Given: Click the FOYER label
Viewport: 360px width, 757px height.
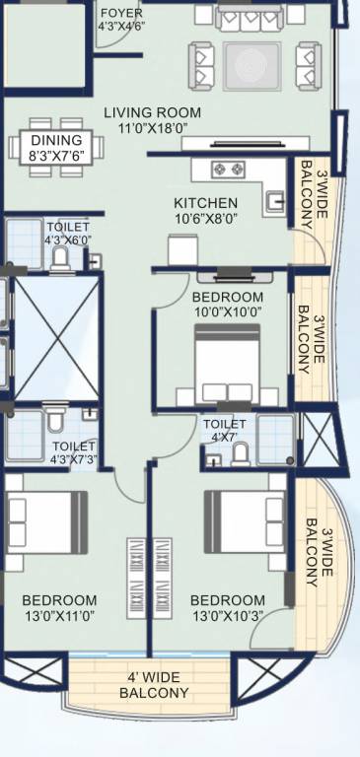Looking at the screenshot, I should coord(121,14).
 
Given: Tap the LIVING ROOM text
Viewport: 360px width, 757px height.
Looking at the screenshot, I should coord(152,112).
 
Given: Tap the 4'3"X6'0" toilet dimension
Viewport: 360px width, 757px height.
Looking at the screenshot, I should coord(68,240).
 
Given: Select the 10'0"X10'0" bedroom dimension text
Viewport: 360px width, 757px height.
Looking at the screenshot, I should coord(228,312).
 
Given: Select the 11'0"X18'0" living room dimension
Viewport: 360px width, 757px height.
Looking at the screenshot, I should coord(152,127).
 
